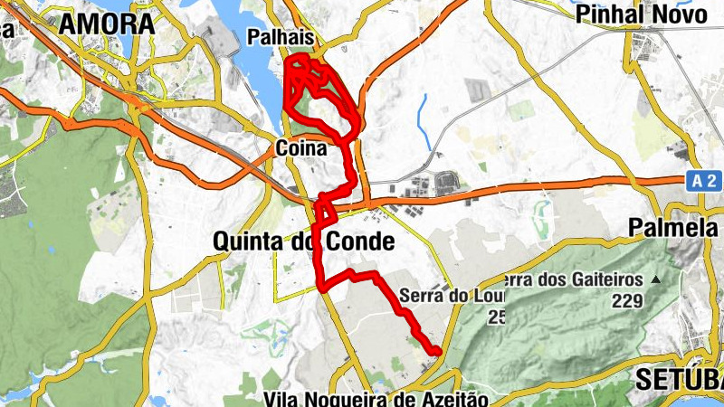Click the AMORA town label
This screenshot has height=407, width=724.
click(x=107, y=24)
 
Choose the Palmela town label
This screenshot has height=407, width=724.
click(x=675, y=228)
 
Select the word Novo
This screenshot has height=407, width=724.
click(x=687, y=14)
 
